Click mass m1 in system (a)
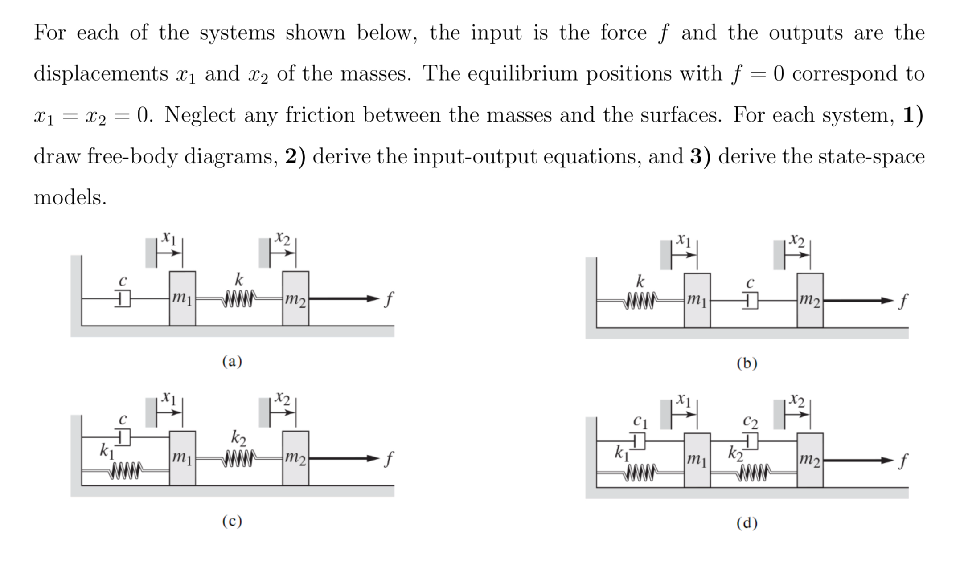pos(182,298)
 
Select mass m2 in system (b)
pos(810,301)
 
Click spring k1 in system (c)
pos(126,469)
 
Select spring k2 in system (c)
pos(239,457)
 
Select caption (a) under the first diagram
pos(232,361)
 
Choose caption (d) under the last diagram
pos(747,522)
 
